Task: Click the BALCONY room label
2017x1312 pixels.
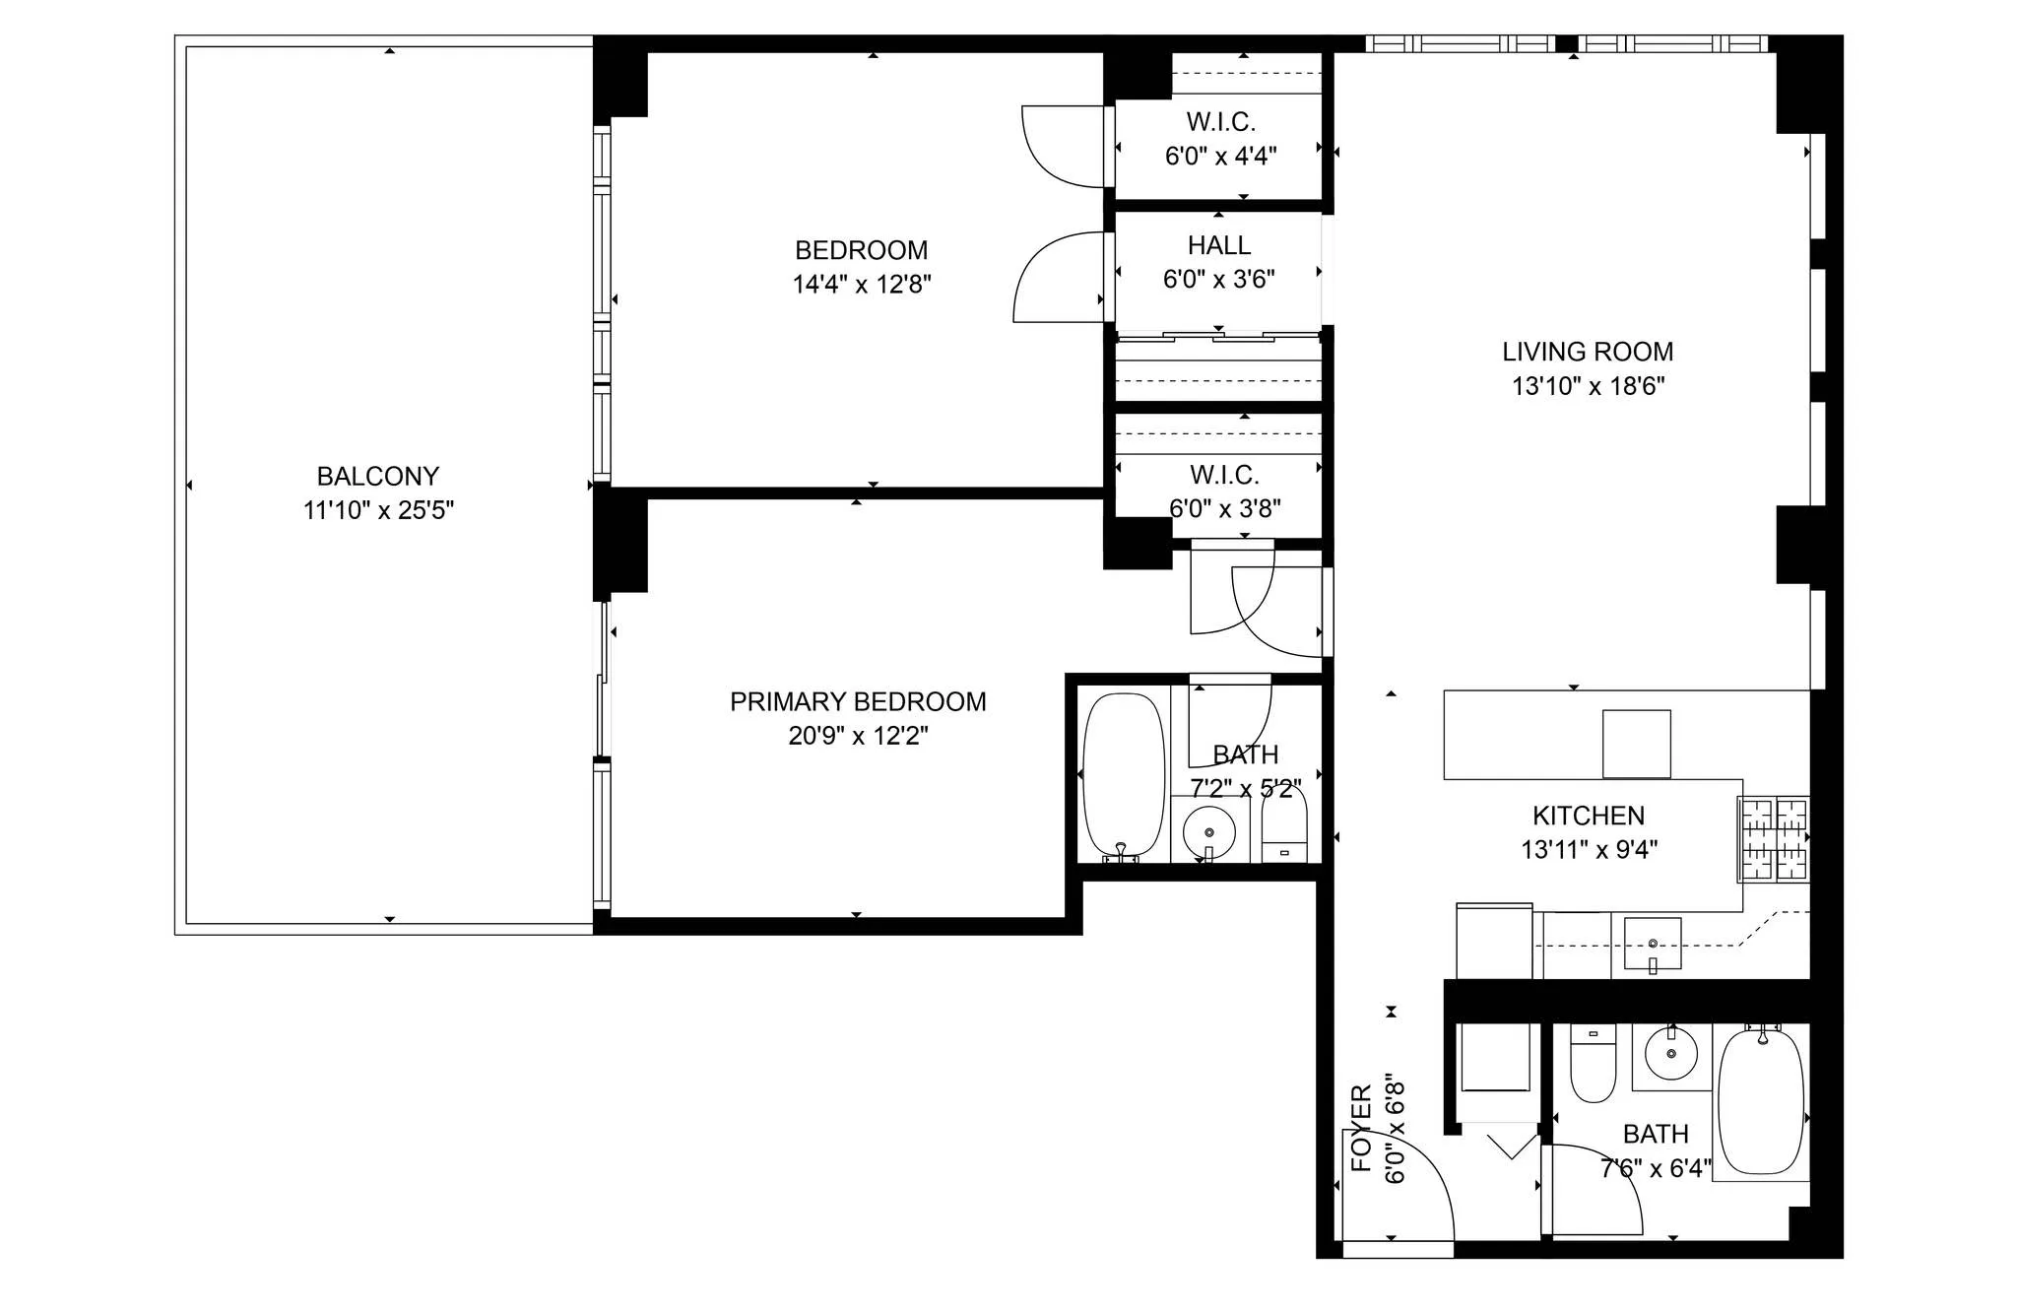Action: (x=377, y=477)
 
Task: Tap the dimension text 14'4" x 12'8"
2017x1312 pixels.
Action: (x=862, y=285)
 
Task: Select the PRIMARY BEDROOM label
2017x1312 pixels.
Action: (x=858, y=701)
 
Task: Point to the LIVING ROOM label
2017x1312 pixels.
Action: (x=1587, y=352)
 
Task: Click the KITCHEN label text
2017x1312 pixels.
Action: (x=1588, y=816)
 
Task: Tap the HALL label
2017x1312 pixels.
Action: (x=1218, y=245)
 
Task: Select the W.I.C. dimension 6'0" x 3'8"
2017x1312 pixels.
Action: (x=1224, y=508)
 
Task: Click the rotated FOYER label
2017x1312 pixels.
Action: (x=1361, y=1128)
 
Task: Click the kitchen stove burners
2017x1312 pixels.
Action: (x=1774, y=838)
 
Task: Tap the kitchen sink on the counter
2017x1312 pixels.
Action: (x=1652, y=944)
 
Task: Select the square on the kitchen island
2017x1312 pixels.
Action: (x=1636, y=744)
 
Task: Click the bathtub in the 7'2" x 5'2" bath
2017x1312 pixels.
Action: (x=1124, y=775)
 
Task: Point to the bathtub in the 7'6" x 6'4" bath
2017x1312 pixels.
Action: (x=1761, y=1101)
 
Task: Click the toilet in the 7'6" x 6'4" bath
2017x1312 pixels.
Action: (x=1593, y=1066)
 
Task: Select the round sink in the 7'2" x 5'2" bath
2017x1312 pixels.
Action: (x=1208, y=833)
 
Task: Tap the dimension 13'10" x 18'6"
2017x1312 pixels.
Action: (x=1588, y=386)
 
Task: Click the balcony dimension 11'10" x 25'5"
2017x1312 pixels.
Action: (x=378, y=510)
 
